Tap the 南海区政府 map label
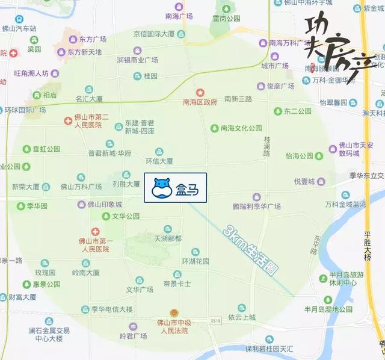[200, 102]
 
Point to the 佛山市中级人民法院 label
[171, 326]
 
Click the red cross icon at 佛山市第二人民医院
[69, 121]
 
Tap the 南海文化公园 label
[241, 128]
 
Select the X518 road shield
[217, 322]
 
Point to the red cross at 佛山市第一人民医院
[95, 232]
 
